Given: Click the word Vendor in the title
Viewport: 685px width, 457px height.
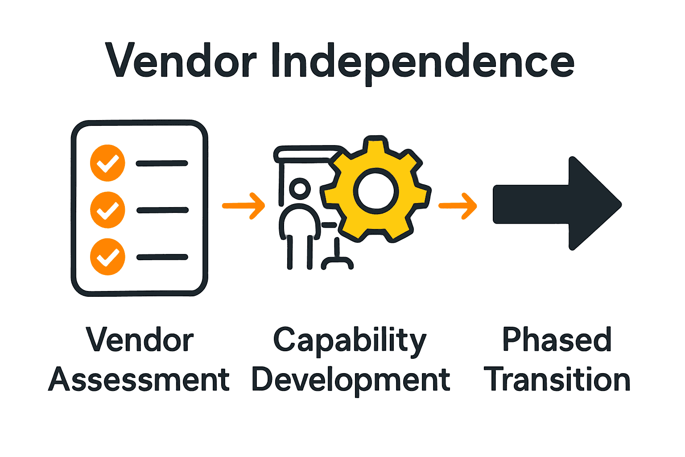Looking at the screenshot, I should pyautogui.click(x=181, y=61).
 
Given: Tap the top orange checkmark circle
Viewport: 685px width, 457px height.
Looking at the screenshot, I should pyautogui.click(x=107, y=163).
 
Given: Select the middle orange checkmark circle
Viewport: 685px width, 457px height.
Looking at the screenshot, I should pyautogui.click(x=107, y=210).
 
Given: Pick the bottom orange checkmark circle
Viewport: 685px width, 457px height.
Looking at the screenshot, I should pyautogui.click(x=107, y=257).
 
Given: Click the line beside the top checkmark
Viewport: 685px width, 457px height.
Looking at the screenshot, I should pyautogui.click(x=162, y=163).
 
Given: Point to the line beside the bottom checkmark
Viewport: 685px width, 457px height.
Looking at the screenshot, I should pyautogui.click(x=162, y=257).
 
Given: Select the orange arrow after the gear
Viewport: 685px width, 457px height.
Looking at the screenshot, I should pyautogui.click(x=458, y=206).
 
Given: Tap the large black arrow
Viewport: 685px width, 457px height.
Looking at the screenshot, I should pyautogui.click(x=557, y=204).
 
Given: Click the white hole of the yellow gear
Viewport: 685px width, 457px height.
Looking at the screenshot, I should pyautogui.click(x=376, y=191).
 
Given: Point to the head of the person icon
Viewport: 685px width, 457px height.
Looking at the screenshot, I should pyautogui.click(x=300, y=188).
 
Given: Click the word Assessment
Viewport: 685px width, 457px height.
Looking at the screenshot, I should pyautogui.click(x=139, y=380).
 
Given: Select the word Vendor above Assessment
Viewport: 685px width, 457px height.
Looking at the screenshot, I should pyautogui.click(x=140, y=340).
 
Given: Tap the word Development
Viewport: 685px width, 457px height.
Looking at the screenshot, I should pyautogui.click(x=351, y=380).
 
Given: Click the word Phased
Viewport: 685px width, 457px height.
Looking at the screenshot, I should pyautogui.click(x=557, y=340).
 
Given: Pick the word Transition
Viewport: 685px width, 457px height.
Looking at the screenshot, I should pyautogui.click(x=557, y=380).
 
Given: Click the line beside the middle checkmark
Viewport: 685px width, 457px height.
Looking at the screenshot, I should pyautogui.click(x=162, y=210).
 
